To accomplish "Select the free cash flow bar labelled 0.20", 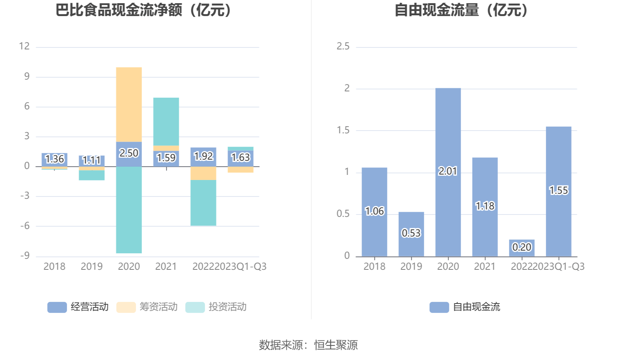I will pyautogui.click(x=521, y=248).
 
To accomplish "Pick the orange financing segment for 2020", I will pyautogui.click(x=129, y=104).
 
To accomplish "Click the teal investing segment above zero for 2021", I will pyautogui.click(x=166, y=122).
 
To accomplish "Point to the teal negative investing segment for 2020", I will pyautogui.click(x=129, y=210).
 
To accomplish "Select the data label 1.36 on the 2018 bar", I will pyautogui.click(x=54, y=159).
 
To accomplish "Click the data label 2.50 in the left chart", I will pyautogui.click(x=129, y=153).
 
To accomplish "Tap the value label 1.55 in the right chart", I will pyautogui.click(x=558, y=191).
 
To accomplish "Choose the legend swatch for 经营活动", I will pyautogui.click(x=57, y=307).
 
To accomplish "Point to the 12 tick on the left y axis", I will pyautogui.click(x=24, y=46).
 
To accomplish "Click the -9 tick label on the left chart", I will pyautogui.click(x=25, y=256).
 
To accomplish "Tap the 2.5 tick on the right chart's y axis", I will pyautogui.click(x=343, y=46).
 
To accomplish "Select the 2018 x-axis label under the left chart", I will pyautogui.click(x=54, y=267).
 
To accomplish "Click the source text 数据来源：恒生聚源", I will pyautogui.click(x=308, y=345).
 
